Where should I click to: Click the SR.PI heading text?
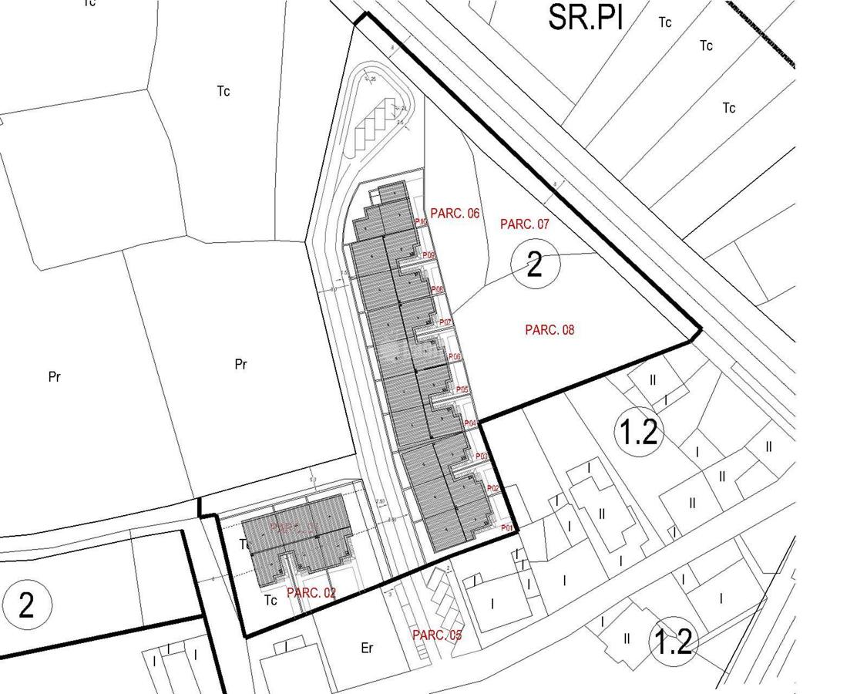pyautogui.click(x=585, y=17)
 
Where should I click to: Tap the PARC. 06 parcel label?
pyautogui.click(x=455, y=214)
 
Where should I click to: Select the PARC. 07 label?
pyautogui.click(x=525, y=224)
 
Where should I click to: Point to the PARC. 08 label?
pyautogui.click(x=549, y=330)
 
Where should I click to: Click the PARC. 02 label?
pyautogui.click(x=311, y=593)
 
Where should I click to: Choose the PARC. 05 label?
pyautogui.click(x=437, y=635)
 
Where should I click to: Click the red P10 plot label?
pyautogui.click(x=421, y=223)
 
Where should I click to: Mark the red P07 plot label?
pyautogui.click(x=445, y=322)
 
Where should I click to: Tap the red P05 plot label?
pyautogui.click(x=462, y=390)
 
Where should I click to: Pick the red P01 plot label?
pyautogui.click(x=507, y=528)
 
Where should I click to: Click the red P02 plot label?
pyautogui.click(x=493, y=489)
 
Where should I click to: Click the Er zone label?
pyautogui.click(x=367, y=649)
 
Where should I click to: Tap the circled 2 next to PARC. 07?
pyautogui.click(x=535, y=266)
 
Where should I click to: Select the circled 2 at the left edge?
pyautogui.click(x=26, y=605)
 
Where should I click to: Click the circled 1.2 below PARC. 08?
pyautogui.click(x=639, y=432)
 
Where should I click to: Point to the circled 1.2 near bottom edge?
pyautogui.click(x=674, y=642)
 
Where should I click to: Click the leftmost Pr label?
pyautogui.click(x=54, y=377)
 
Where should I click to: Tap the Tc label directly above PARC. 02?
pyautogui.click(x=245, y=544)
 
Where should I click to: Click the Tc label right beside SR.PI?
pyautogui.click(x=665, y=22)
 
